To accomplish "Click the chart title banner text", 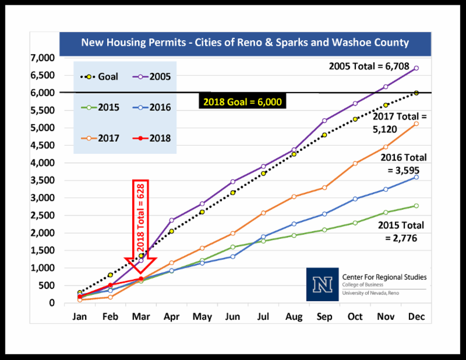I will coord(245,43).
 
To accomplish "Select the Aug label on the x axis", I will coord(294,317).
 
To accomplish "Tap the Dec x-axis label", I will coord(415,317).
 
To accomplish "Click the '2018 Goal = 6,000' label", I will coord(242,102).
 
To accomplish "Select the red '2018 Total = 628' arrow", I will coord(141,227).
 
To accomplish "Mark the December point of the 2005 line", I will coord(416,68).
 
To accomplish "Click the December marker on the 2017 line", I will coord(416,123).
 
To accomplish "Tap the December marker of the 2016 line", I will coord(416,177).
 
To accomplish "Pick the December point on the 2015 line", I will coord(416,206).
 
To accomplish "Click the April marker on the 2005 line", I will coord(172,220).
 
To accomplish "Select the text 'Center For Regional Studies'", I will coord(379,277).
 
